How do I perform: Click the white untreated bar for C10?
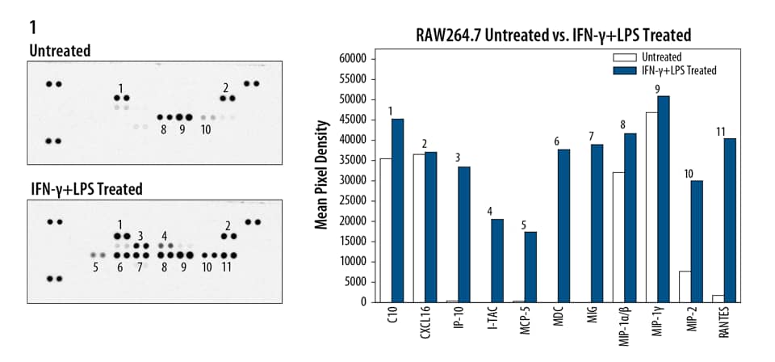[x=386, y=230]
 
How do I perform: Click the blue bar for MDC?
[x=563, y=225]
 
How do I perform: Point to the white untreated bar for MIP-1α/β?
[x=618, y=237]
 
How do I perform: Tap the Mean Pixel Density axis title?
[x=322, y=175]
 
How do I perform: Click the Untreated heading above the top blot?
[x=60, y=51]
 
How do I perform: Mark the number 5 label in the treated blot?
[x=96, y=267]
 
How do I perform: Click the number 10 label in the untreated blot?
[x=207, y=129]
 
